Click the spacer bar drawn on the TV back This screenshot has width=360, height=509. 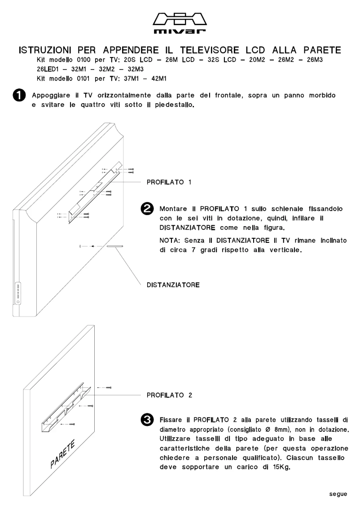pyautogui.click(x=118, y=246)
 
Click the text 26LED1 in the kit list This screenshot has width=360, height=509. pyautogui.click(x=47, y=70)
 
